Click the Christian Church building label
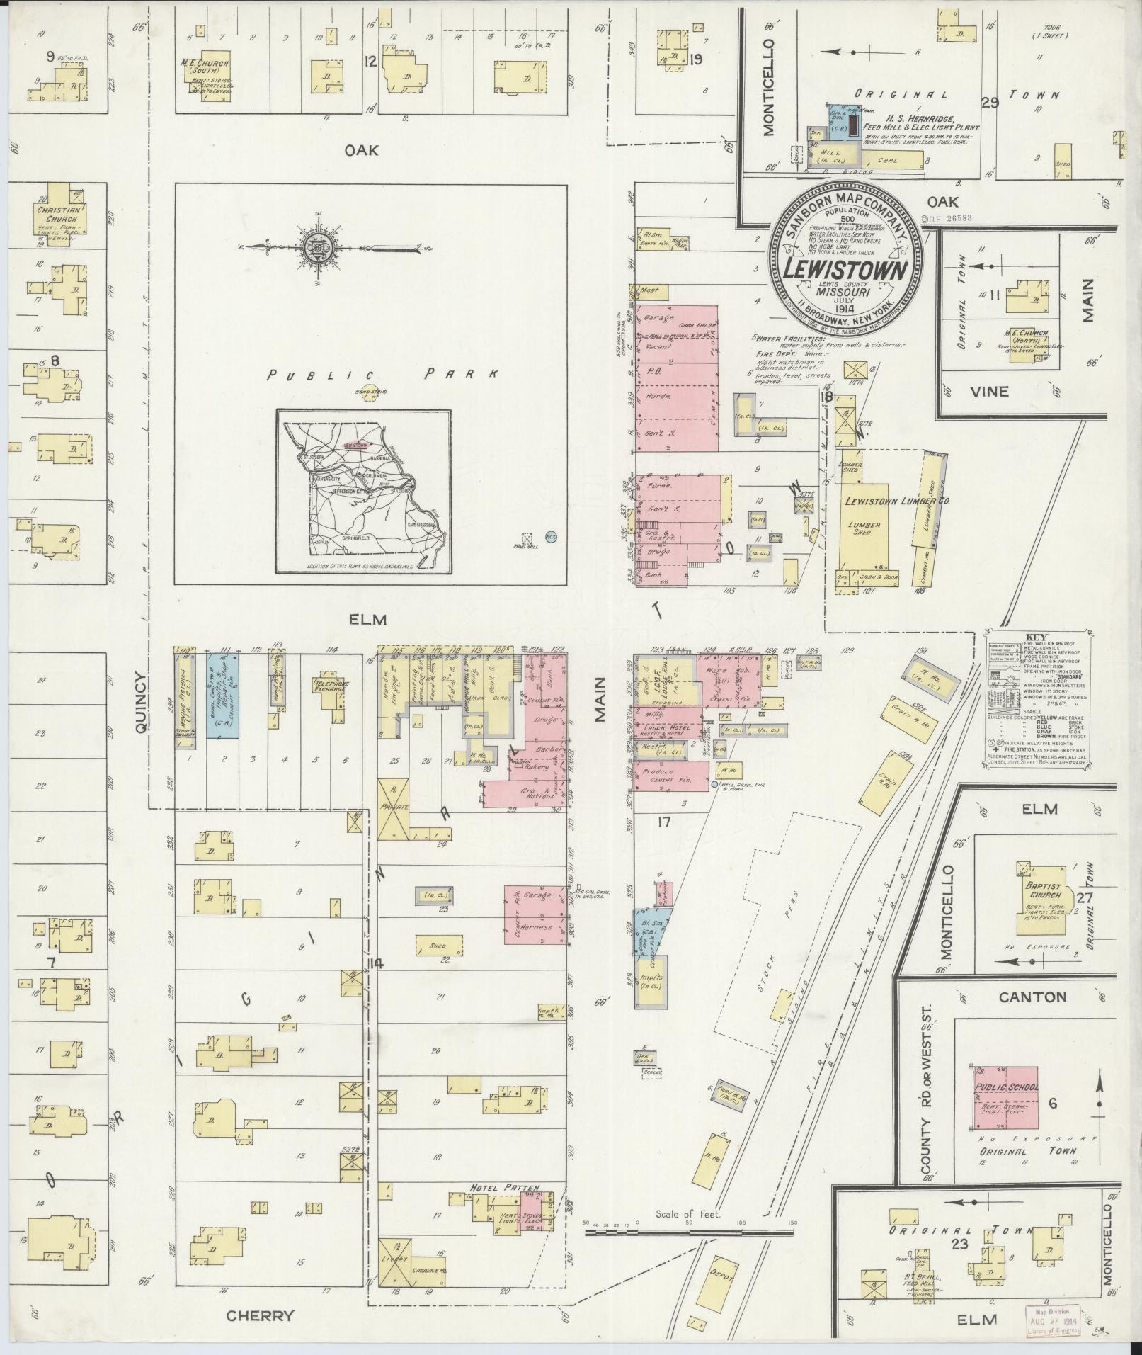(61, 215)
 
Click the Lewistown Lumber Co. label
(896, 501)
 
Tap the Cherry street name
(260, 1316)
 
